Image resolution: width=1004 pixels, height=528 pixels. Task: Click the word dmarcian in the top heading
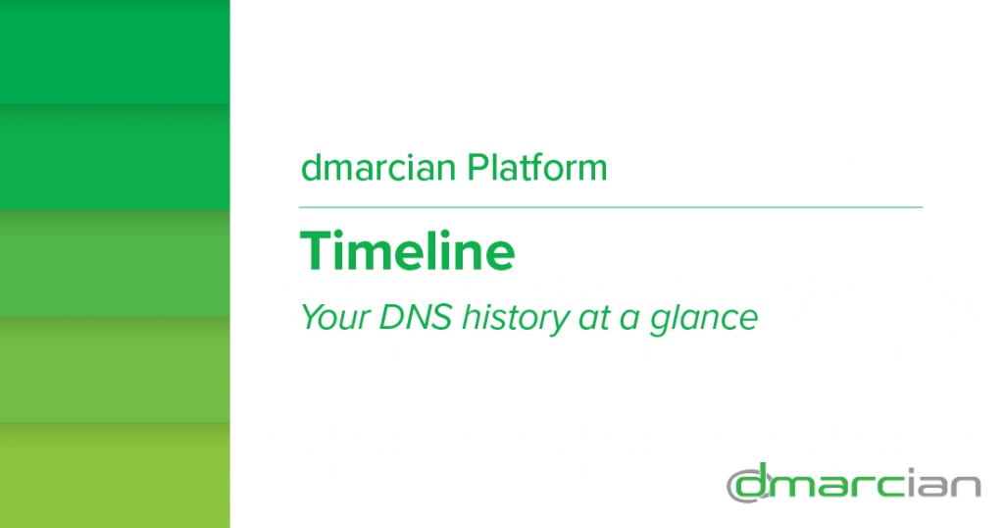[378, 167]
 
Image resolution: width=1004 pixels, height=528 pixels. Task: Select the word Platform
[537, 167]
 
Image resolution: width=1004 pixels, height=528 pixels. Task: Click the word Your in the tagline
[335, 318]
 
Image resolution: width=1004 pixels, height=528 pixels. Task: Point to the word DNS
[416, 318]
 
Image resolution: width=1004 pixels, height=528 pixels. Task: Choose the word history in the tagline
[516, 318]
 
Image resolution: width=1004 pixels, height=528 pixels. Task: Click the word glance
[704, 319]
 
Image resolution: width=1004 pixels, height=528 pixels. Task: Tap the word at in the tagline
[593, 319]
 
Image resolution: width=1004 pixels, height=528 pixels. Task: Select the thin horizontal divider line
[611, 208]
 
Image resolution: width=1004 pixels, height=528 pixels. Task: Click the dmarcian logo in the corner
[854, 483]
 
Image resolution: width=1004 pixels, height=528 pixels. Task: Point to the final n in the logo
[966, 487]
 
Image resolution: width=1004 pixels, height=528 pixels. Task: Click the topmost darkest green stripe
[115, 51]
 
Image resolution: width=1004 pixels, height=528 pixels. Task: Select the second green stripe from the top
[115, 156]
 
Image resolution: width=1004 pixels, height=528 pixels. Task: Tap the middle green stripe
[115, 263]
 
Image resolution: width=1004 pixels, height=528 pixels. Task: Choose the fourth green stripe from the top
[115, 368]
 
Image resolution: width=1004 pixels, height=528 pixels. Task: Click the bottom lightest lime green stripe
[115, 475]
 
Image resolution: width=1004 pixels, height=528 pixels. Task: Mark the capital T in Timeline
[318, 251]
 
